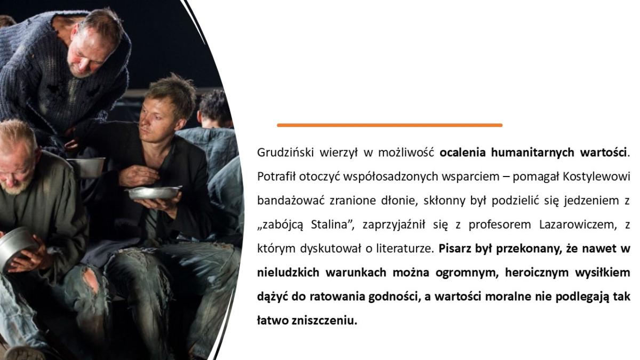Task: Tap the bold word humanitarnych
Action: (x=533, y=153)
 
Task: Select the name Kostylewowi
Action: (x=596, y=177)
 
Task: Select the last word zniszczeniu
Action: (x=325, y=321)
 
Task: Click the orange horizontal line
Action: (x=389, y=125)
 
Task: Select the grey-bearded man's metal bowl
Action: (x=14, y=246)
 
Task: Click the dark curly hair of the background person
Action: (x=215, y=105)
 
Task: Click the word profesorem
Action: (x=500, y=225)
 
